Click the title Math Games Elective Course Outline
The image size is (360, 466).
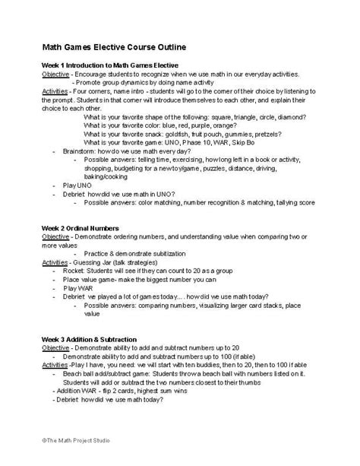point(114,48)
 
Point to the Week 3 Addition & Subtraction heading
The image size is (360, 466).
point(90,338)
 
